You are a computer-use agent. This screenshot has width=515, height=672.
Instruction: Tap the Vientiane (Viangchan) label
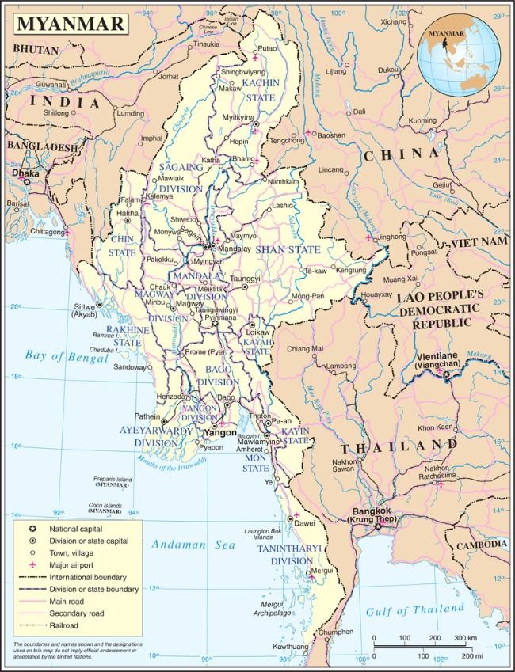(443, 360)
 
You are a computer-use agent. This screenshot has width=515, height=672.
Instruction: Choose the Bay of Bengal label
(66, 356)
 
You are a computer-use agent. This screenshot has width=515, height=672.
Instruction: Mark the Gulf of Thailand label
(414, 609)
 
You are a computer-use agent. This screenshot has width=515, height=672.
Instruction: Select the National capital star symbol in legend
(32, 528)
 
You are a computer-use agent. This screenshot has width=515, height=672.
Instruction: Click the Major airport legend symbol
(32, 565)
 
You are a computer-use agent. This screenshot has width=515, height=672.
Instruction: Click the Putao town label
(268, 48)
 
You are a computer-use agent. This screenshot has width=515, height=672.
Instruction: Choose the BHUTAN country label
(36, 49)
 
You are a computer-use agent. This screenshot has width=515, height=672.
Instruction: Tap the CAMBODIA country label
(482, 545)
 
